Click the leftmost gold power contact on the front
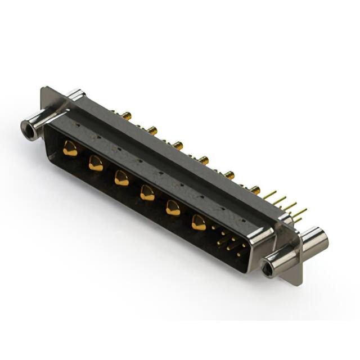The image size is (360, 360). coord(70,149)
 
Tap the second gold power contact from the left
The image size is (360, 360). coord(96,164)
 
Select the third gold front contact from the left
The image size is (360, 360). coord(121,178)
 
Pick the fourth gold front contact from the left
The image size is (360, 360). coord(147,193)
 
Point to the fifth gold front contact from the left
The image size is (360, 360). coord(173,208)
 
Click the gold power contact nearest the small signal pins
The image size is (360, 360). coord(199,223)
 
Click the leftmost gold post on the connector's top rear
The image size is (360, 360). coord(127,116)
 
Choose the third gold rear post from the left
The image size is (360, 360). coord(178,146)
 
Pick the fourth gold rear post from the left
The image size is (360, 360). coord(204,160)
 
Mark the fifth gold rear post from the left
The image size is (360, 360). coord(229,175)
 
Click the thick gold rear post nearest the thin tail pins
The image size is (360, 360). coord(255,190)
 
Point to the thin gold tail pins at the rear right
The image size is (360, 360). coord(287,205)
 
